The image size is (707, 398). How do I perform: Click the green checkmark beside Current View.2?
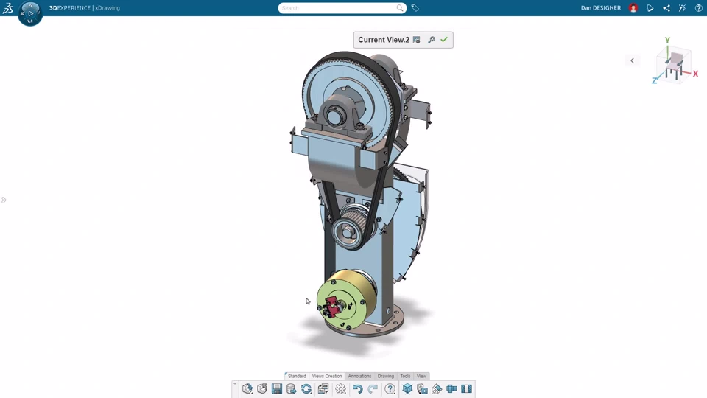click(444, 40)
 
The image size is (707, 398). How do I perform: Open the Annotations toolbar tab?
click(359, 376)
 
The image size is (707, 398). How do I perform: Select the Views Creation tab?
click(327, 376)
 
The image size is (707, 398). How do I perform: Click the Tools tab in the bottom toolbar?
click(405, 376)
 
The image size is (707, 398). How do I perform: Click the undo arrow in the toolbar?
click(358, 388)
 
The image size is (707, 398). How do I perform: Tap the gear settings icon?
click(340, 388)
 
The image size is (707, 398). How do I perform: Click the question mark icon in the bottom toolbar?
click(390, 388)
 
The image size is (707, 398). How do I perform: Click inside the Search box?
click(338, 8)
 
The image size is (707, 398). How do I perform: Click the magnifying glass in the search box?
click(400, 8)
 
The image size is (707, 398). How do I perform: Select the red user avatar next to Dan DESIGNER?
click(633, 8)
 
